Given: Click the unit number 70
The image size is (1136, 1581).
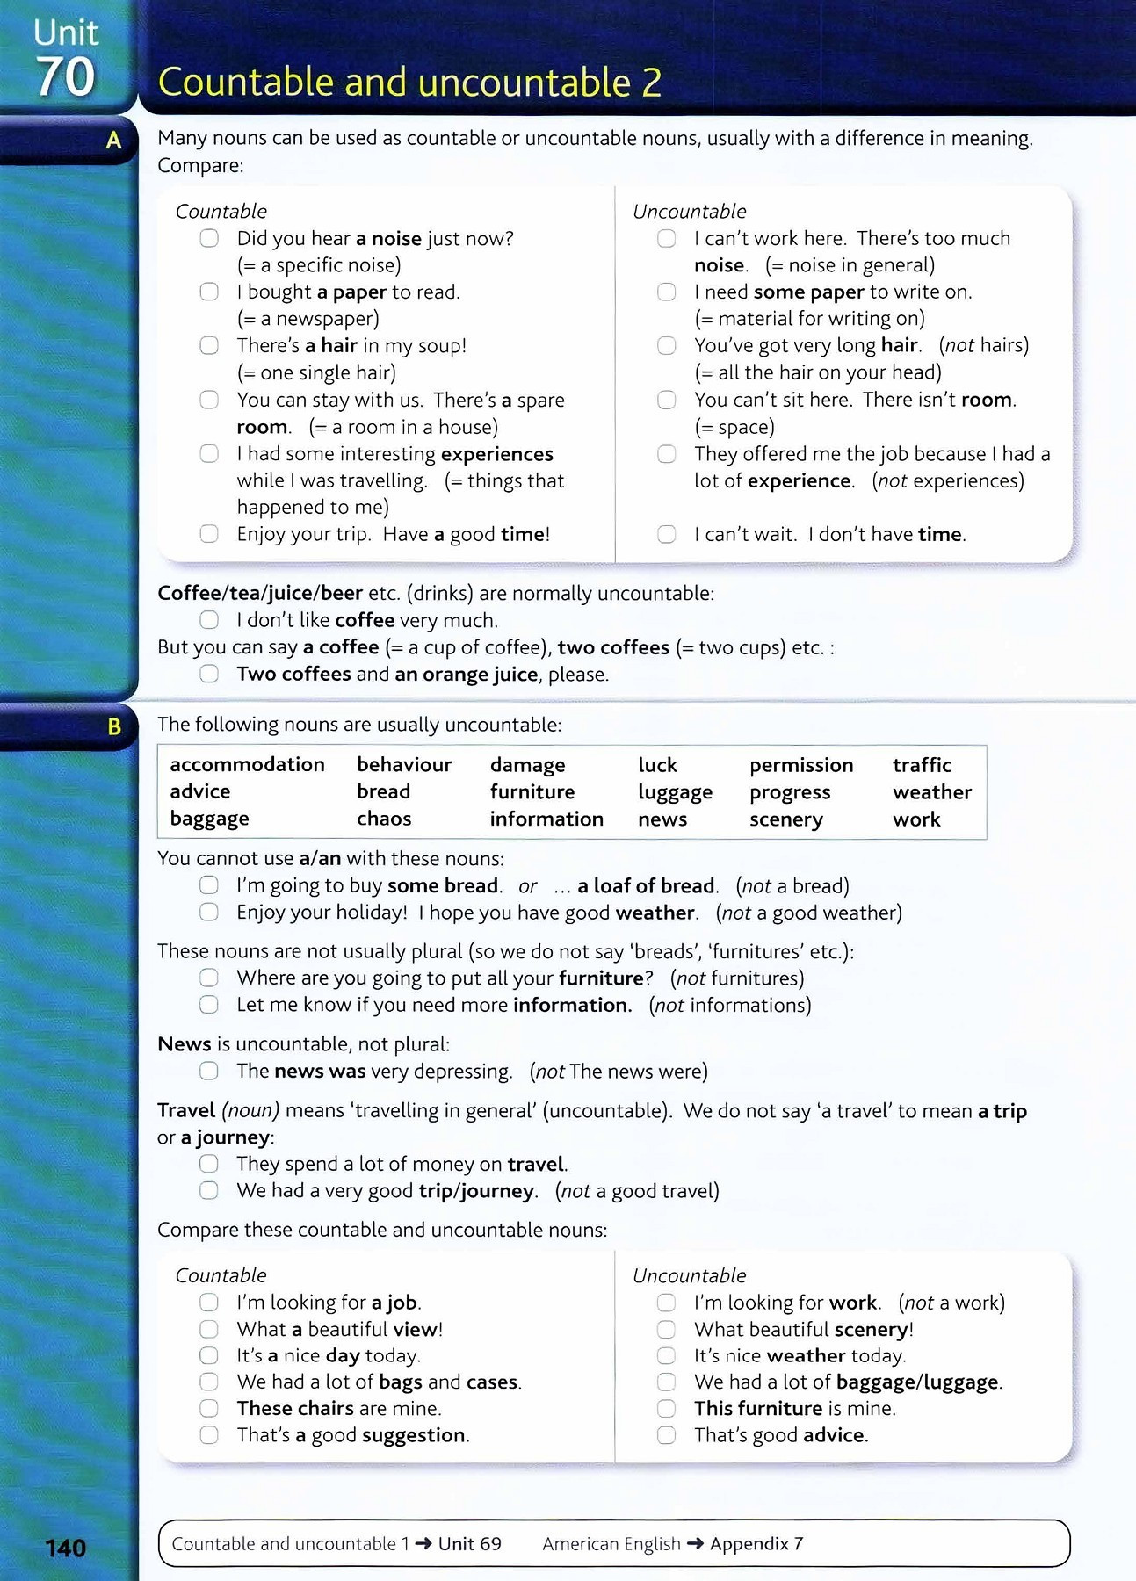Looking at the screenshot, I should point(65,77).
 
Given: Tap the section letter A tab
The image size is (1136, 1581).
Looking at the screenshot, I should point(113,140).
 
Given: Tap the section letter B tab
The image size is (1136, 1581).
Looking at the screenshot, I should point(113,726).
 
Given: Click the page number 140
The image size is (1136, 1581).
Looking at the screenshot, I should point(66,1548).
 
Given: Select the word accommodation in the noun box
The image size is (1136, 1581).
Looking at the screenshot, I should point(247,765).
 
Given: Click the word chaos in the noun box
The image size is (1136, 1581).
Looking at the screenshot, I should point(384,819).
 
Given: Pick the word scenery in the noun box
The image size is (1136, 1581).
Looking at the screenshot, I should point(785,819).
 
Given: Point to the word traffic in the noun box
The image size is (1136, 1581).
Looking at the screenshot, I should point(922,765).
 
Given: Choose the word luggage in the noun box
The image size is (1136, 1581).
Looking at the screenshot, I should point(675,792).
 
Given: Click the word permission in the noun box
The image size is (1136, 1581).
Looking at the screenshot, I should point(801,765).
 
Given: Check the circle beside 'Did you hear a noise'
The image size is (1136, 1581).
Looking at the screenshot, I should point(209,238).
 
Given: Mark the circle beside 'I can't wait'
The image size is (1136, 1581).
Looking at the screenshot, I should point(667,534).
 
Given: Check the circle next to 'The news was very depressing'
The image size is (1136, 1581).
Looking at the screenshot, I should point(209,1071).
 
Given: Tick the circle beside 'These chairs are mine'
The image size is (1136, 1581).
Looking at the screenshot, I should point(209,1408).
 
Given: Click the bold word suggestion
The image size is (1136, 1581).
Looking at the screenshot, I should point(413,1435).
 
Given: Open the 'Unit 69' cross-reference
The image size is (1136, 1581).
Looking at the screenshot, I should point(469,1544).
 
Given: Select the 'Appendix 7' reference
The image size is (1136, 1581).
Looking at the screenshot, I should point(756,1544).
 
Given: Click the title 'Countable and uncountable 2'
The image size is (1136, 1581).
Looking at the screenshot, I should point(409,83).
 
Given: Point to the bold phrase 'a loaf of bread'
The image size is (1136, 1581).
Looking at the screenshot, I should point(647,885).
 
